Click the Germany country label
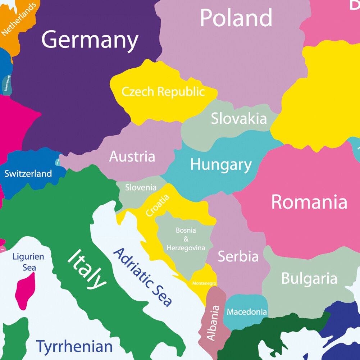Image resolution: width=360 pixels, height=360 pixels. coord(90,40)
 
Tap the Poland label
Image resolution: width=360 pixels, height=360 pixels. coord(236,18)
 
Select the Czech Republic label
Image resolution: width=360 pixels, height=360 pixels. coord(163,92)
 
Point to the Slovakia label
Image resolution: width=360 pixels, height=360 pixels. coord(239,118)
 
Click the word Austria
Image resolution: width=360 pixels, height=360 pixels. coord(132,156)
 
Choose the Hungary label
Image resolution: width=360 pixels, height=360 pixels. coord(221,165)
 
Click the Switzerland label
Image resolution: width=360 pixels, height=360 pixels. coord(28,174)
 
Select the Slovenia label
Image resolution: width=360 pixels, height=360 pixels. coord(141,187)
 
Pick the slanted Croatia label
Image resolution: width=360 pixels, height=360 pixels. coord(158,205)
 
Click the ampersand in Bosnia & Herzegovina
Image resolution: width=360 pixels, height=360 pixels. coord(186,239)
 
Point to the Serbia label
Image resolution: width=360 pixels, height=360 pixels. coord(238,256)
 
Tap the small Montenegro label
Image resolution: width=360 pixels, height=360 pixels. coord(204,283)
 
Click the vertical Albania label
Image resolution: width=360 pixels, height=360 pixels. coord(213,323)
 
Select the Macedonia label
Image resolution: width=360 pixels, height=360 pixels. coord(247,312)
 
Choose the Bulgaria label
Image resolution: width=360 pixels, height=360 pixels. coord(309,278)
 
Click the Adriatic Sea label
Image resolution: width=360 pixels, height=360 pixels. coord(142,277)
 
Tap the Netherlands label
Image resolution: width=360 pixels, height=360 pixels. coord(19,19)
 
